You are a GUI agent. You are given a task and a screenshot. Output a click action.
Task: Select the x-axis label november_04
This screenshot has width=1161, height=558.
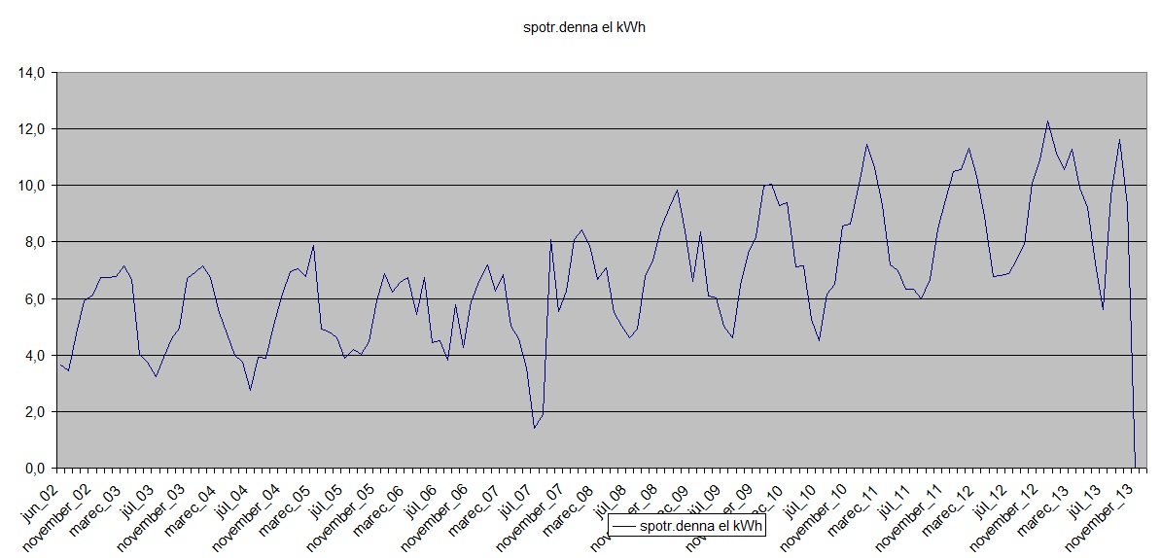tap(244, 509)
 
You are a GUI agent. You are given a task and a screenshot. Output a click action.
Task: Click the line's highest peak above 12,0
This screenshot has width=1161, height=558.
tap(1048, 122)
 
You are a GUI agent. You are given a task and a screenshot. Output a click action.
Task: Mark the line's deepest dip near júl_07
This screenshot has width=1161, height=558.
tap(534, 428)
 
